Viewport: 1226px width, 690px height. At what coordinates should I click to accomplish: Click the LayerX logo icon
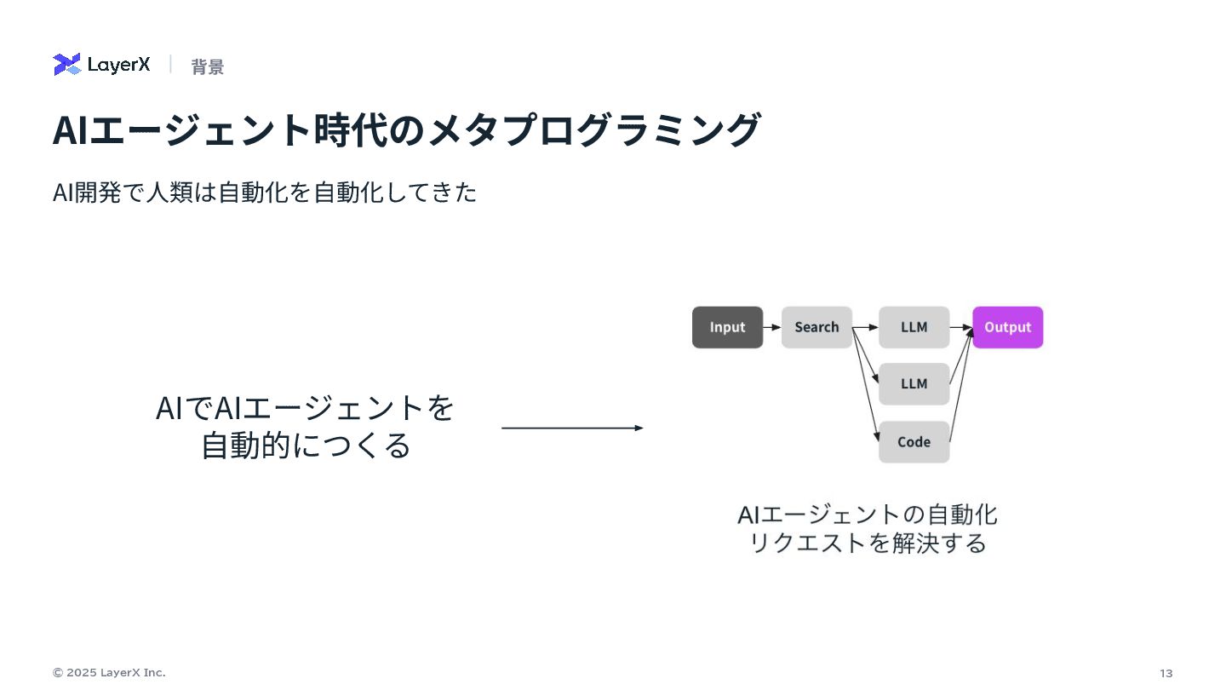[x=66, y=65]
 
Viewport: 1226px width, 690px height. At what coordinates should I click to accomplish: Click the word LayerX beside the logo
[x=118, y=66]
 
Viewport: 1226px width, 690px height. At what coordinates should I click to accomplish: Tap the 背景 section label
[x=207, y=67]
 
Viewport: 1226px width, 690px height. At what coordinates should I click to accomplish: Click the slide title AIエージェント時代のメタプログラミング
[x=405, y=130]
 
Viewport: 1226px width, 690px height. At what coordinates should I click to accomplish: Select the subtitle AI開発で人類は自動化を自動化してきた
[x=265, y=193]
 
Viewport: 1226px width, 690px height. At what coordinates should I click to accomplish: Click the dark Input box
[x=727, y=327]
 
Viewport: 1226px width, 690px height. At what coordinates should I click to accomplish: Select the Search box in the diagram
[x=816, y=327]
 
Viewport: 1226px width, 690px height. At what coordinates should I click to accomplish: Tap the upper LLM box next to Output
[x=914, y=327]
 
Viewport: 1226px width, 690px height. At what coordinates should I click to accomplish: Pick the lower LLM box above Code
[x=914, y=384]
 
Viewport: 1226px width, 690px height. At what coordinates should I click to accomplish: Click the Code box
[x=914, y=442]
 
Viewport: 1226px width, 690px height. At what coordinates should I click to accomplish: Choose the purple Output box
[x=1007, y=327]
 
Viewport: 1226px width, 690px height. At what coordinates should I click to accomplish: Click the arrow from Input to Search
[x=772, y=327]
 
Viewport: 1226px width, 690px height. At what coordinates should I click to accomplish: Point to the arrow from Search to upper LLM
[x=865, y=327]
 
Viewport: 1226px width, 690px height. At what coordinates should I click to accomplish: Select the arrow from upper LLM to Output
[x=961, y=327]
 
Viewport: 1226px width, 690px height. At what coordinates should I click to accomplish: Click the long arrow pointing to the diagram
[x=572, y=428]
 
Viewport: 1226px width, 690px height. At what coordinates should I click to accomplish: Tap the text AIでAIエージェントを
[x=305, y=408]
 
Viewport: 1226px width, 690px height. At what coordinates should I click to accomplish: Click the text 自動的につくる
[x=306, y=446]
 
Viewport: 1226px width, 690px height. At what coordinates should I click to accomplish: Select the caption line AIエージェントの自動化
[x=867, y=515]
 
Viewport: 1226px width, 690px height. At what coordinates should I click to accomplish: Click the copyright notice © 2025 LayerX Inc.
[x=109, y=673]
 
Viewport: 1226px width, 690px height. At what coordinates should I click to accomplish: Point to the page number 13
[x=1166, y=674]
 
